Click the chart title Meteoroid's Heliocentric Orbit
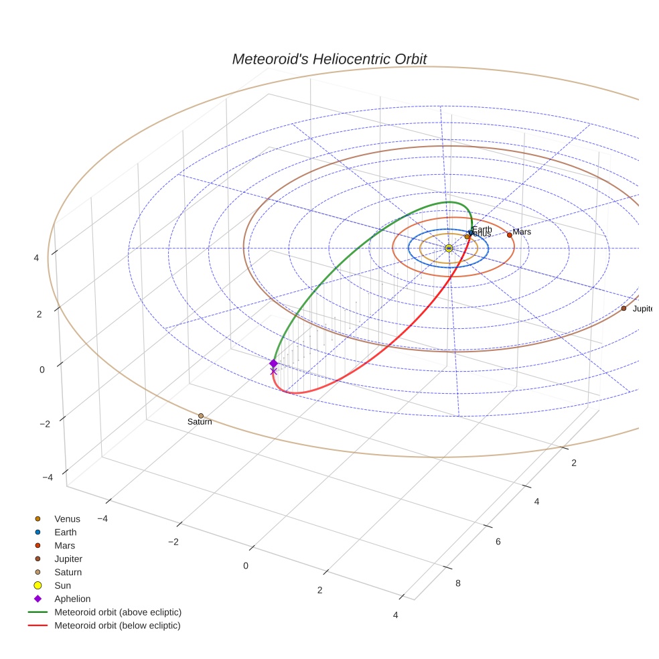click(x=329, y=59)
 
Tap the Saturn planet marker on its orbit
click(x=201, y=416)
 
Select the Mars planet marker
click(x=509, y=235)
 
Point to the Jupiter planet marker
click(x=624, y=308)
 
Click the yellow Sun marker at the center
click(x=448, y=248)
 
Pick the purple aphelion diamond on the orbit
click(x=273, y=363)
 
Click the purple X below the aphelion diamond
click(x=273, y=371)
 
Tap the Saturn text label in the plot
click(x=200, y=422)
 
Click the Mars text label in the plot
click(x=522, y=232)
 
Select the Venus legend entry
click(x=67, y=519)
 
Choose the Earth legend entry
click(x=66, y=532)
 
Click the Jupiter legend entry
click(x=68, y=559)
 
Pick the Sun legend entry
click(x=62, y=586)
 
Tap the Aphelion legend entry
click(x=72, y=599)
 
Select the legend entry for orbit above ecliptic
click(x=118, y=612)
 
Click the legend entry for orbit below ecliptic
click(x=117, y=626)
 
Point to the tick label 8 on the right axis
click(x=458, y=583)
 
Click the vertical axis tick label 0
click(x=42, y=370)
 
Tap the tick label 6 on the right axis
click(x=498, y=542)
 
